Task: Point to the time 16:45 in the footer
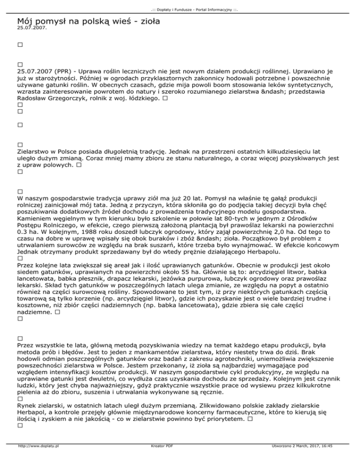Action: click(325, 459)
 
